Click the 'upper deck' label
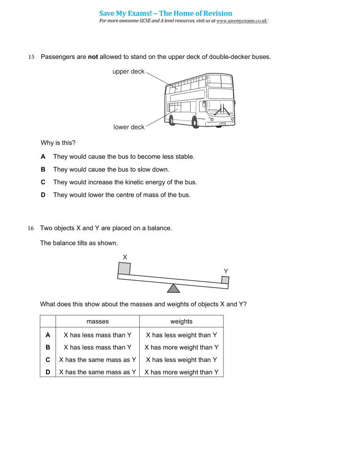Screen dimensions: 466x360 (x=128, y=72)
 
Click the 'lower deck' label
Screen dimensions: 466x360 (x=129, y=127)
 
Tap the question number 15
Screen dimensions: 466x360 (x=32, y=57)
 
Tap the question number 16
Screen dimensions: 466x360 (x=31, y=229)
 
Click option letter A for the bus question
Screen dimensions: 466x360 (x=43, y=156)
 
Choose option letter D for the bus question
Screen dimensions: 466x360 (x=43, y=195)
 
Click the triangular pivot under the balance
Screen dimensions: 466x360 (x=174, y=288)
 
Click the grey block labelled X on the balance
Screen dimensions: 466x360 (x=124, y=268)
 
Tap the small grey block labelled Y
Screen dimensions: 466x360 (x=225, y=280)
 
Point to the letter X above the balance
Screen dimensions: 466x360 (x=125, y=257)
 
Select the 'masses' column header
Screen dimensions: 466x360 (x=97, y=321)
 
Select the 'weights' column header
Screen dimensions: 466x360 (x=181, y=321)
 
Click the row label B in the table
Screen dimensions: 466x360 (x=48, y=347)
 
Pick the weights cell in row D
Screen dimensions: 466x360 (x=181, y=372)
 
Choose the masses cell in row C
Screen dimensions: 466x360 (x=97, y=360)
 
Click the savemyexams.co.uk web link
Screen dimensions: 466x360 (x=242, y=22)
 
